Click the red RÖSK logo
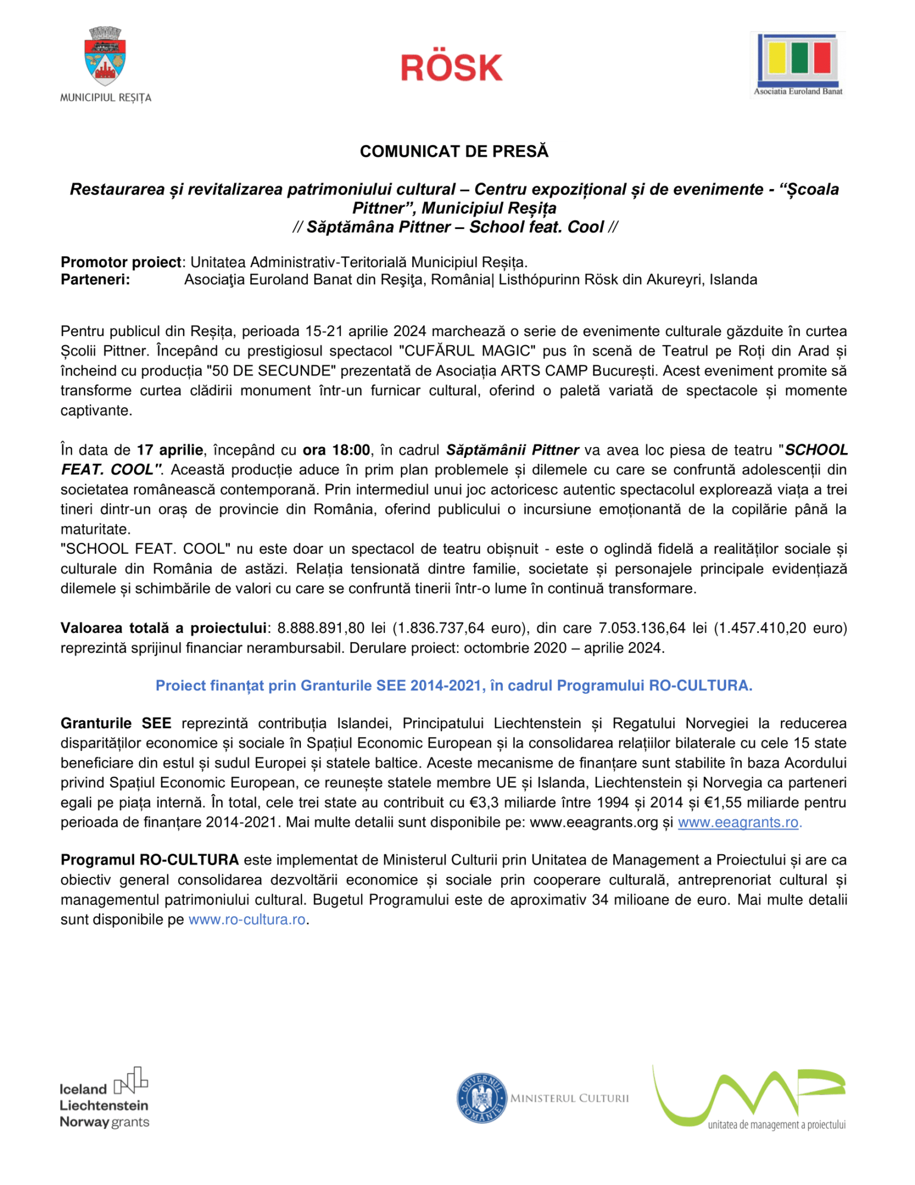tap(452, 67)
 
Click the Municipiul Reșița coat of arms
tap(106, 57)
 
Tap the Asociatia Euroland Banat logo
tap(798, 64)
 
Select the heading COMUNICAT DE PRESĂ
tap(454, 151)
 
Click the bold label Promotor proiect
tap(121, 262)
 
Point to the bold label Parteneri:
tap(95, 280)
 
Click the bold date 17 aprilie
tap(170, 450)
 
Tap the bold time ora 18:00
tap(337, 450)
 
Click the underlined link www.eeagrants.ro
tap(738, 823)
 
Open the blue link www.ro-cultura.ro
tap(247, 920)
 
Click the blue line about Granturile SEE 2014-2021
tap(454, 685)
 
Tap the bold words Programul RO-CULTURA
tap(150, 860)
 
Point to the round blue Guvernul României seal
tap(481, 1098)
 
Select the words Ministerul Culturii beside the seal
tap(569, 1099)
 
